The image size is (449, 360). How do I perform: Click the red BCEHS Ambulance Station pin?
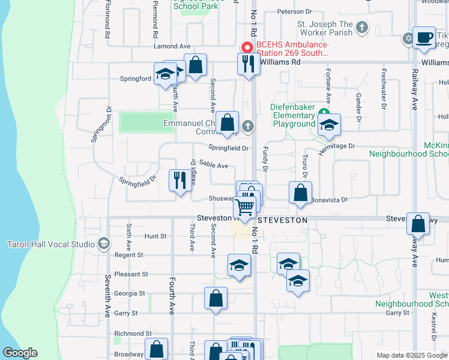[x=246, y=47]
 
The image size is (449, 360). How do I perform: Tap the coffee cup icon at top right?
[x=424, y=38]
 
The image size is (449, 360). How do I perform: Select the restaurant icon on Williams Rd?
[x=249, y=63]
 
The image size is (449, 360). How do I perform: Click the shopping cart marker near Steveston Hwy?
[x=244, y=208]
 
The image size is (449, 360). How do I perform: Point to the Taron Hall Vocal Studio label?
[x=51, y=244]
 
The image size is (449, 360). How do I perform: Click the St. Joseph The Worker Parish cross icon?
[x=361, y=27]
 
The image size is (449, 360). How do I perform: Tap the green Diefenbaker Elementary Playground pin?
[x=324, y=113]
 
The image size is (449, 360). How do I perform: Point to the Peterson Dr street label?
[x=295, y=11]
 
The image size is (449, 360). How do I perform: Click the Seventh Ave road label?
[x=107, y=288]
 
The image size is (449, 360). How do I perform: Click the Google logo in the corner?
[x=20, y=353]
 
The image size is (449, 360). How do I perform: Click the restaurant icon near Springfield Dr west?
[x=180, y=179]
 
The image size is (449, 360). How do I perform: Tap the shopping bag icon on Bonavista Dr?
[x=300, y=193]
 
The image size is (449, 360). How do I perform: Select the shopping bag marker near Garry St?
[x=215, y=298]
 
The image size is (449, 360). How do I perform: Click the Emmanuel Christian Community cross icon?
[x=247, y=125]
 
